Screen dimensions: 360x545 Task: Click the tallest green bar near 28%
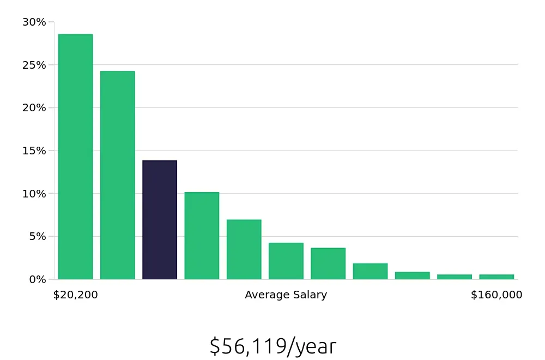(75, 157)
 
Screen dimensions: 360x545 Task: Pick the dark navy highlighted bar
(160, 220)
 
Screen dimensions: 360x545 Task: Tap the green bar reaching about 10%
(202, 236)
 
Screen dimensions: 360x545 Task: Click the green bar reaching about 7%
(244, 249)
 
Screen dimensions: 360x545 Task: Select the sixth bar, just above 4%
(286, 261)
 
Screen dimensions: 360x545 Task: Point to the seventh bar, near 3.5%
(328, 263)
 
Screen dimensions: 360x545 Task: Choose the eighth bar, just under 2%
(370, 271)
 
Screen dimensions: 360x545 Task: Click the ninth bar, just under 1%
(412, 275)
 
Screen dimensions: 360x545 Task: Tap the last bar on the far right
(496, 277)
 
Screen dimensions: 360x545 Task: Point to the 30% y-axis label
(34, 22)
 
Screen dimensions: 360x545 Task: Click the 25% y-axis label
(34, 65)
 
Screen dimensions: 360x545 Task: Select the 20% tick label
(34, 108)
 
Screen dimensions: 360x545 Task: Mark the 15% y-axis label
(34, 151)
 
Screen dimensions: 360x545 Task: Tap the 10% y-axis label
(34, 194)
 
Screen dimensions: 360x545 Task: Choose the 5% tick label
(37, 237)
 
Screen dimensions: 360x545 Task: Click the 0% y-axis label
(37, 279)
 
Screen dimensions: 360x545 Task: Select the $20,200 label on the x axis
(76, 295)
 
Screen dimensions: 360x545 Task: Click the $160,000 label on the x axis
(496, 295)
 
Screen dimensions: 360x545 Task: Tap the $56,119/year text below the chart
(272, 346)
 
